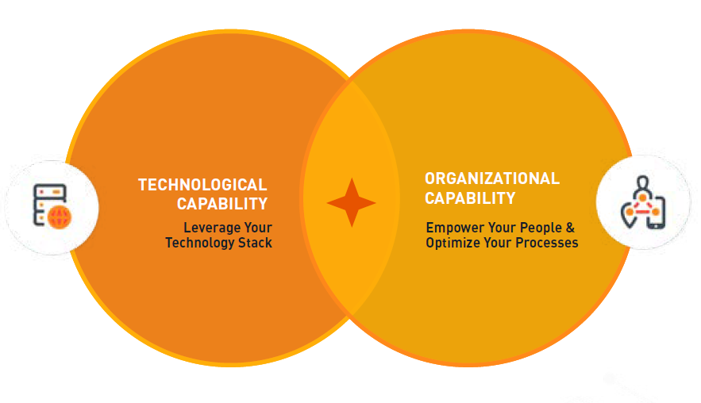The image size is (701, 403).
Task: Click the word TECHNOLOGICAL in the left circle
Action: tap(202, 185)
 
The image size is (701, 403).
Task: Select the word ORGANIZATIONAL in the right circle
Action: tap(492, 178)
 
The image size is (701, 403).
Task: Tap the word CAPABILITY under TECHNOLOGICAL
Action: tap(222, 204)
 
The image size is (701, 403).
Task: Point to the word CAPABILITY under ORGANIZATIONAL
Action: tap(470, 198)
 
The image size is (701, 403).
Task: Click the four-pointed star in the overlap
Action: tap(352, 202)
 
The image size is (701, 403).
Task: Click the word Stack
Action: tap(256, 243)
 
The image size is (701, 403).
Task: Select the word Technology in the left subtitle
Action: tap(200, 243)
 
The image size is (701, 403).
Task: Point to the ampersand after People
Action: tap(570, 228)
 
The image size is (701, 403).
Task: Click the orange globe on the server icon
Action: tap(60, 217)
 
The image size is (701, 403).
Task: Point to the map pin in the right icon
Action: tap(628, 215)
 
